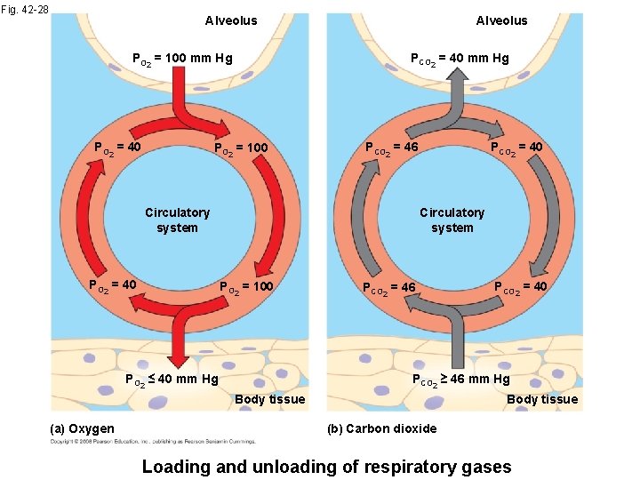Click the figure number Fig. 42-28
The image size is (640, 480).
pos(25,11)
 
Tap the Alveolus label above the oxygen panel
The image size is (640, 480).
pos(231,20)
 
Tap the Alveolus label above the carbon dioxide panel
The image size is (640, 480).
pos(501,20)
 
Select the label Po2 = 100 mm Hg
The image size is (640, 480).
pos(181,60)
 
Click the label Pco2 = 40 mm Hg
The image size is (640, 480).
pos(459,60)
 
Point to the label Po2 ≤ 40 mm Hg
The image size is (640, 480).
pos(171,380)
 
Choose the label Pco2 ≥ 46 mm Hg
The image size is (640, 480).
pos(460,380)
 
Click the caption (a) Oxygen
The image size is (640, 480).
pos(83,428)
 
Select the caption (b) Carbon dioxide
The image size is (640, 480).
pos(381,428)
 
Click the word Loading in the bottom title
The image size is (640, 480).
pos(179,466)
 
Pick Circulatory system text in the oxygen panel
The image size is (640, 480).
pos(178,220)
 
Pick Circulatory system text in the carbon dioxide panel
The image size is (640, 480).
pos(452,220)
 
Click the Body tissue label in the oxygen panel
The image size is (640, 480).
pos(269,399)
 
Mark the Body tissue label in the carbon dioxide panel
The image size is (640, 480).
pos(542,399)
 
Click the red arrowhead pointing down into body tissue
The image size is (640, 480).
pos(179,358)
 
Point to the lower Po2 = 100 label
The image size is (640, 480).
pos(247,286)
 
